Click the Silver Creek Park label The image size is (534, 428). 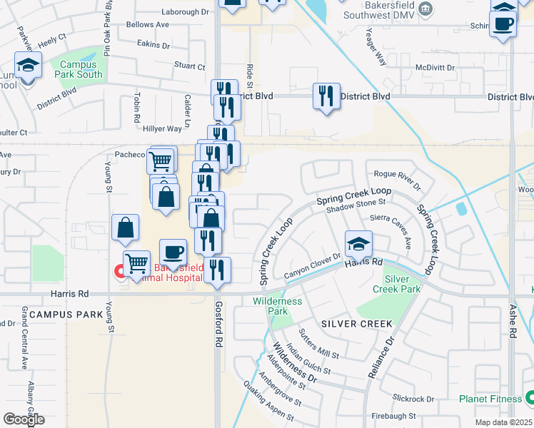point(402,284)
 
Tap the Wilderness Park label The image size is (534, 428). point(278,306)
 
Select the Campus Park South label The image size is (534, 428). point(80,68)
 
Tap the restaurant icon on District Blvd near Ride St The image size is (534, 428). point(326,96)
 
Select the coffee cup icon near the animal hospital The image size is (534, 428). point(172,251)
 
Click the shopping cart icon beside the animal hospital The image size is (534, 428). point(136,263)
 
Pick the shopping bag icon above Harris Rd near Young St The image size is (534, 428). point(125,228)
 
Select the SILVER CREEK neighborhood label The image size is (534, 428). point(357,324)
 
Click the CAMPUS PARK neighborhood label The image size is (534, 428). point(56,314)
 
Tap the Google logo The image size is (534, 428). point(24,419)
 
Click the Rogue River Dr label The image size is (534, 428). point(398,175)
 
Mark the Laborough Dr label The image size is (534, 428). point(184,12)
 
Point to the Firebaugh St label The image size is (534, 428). point(394,415)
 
